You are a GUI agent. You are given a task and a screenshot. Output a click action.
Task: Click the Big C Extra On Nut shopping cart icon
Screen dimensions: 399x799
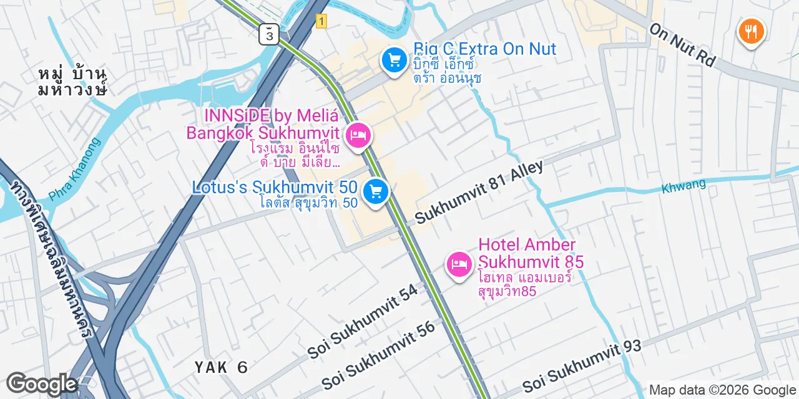[x=394, y=60]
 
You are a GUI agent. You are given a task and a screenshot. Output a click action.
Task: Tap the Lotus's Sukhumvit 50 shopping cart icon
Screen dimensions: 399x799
[x=375, y=191]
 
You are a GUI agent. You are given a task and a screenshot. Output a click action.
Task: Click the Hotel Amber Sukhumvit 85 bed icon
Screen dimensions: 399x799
[x=459, y=264]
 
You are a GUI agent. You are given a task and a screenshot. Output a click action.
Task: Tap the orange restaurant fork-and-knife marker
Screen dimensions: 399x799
[x=751, y=31]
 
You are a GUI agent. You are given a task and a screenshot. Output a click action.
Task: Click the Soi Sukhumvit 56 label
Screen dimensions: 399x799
[x=379, y=355]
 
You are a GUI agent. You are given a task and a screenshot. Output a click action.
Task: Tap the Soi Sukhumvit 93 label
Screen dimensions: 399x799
[x=582, y=365]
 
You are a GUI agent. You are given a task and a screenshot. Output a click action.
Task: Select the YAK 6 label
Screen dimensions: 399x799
[x=221, y=367]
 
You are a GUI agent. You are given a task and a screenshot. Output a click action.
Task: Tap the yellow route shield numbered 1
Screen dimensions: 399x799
[x=321, y=21]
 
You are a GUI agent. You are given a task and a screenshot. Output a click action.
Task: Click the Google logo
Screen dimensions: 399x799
[x=41, y=383]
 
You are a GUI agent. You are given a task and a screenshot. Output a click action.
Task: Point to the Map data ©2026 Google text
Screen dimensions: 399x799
[x=722, y=390]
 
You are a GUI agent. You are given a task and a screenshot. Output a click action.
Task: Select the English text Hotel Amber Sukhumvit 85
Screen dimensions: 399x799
[x=531, y=253]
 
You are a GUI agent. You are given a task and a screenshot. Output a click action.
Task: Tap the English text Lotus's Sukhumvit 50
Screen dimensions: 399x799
[x=275, y=187]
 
